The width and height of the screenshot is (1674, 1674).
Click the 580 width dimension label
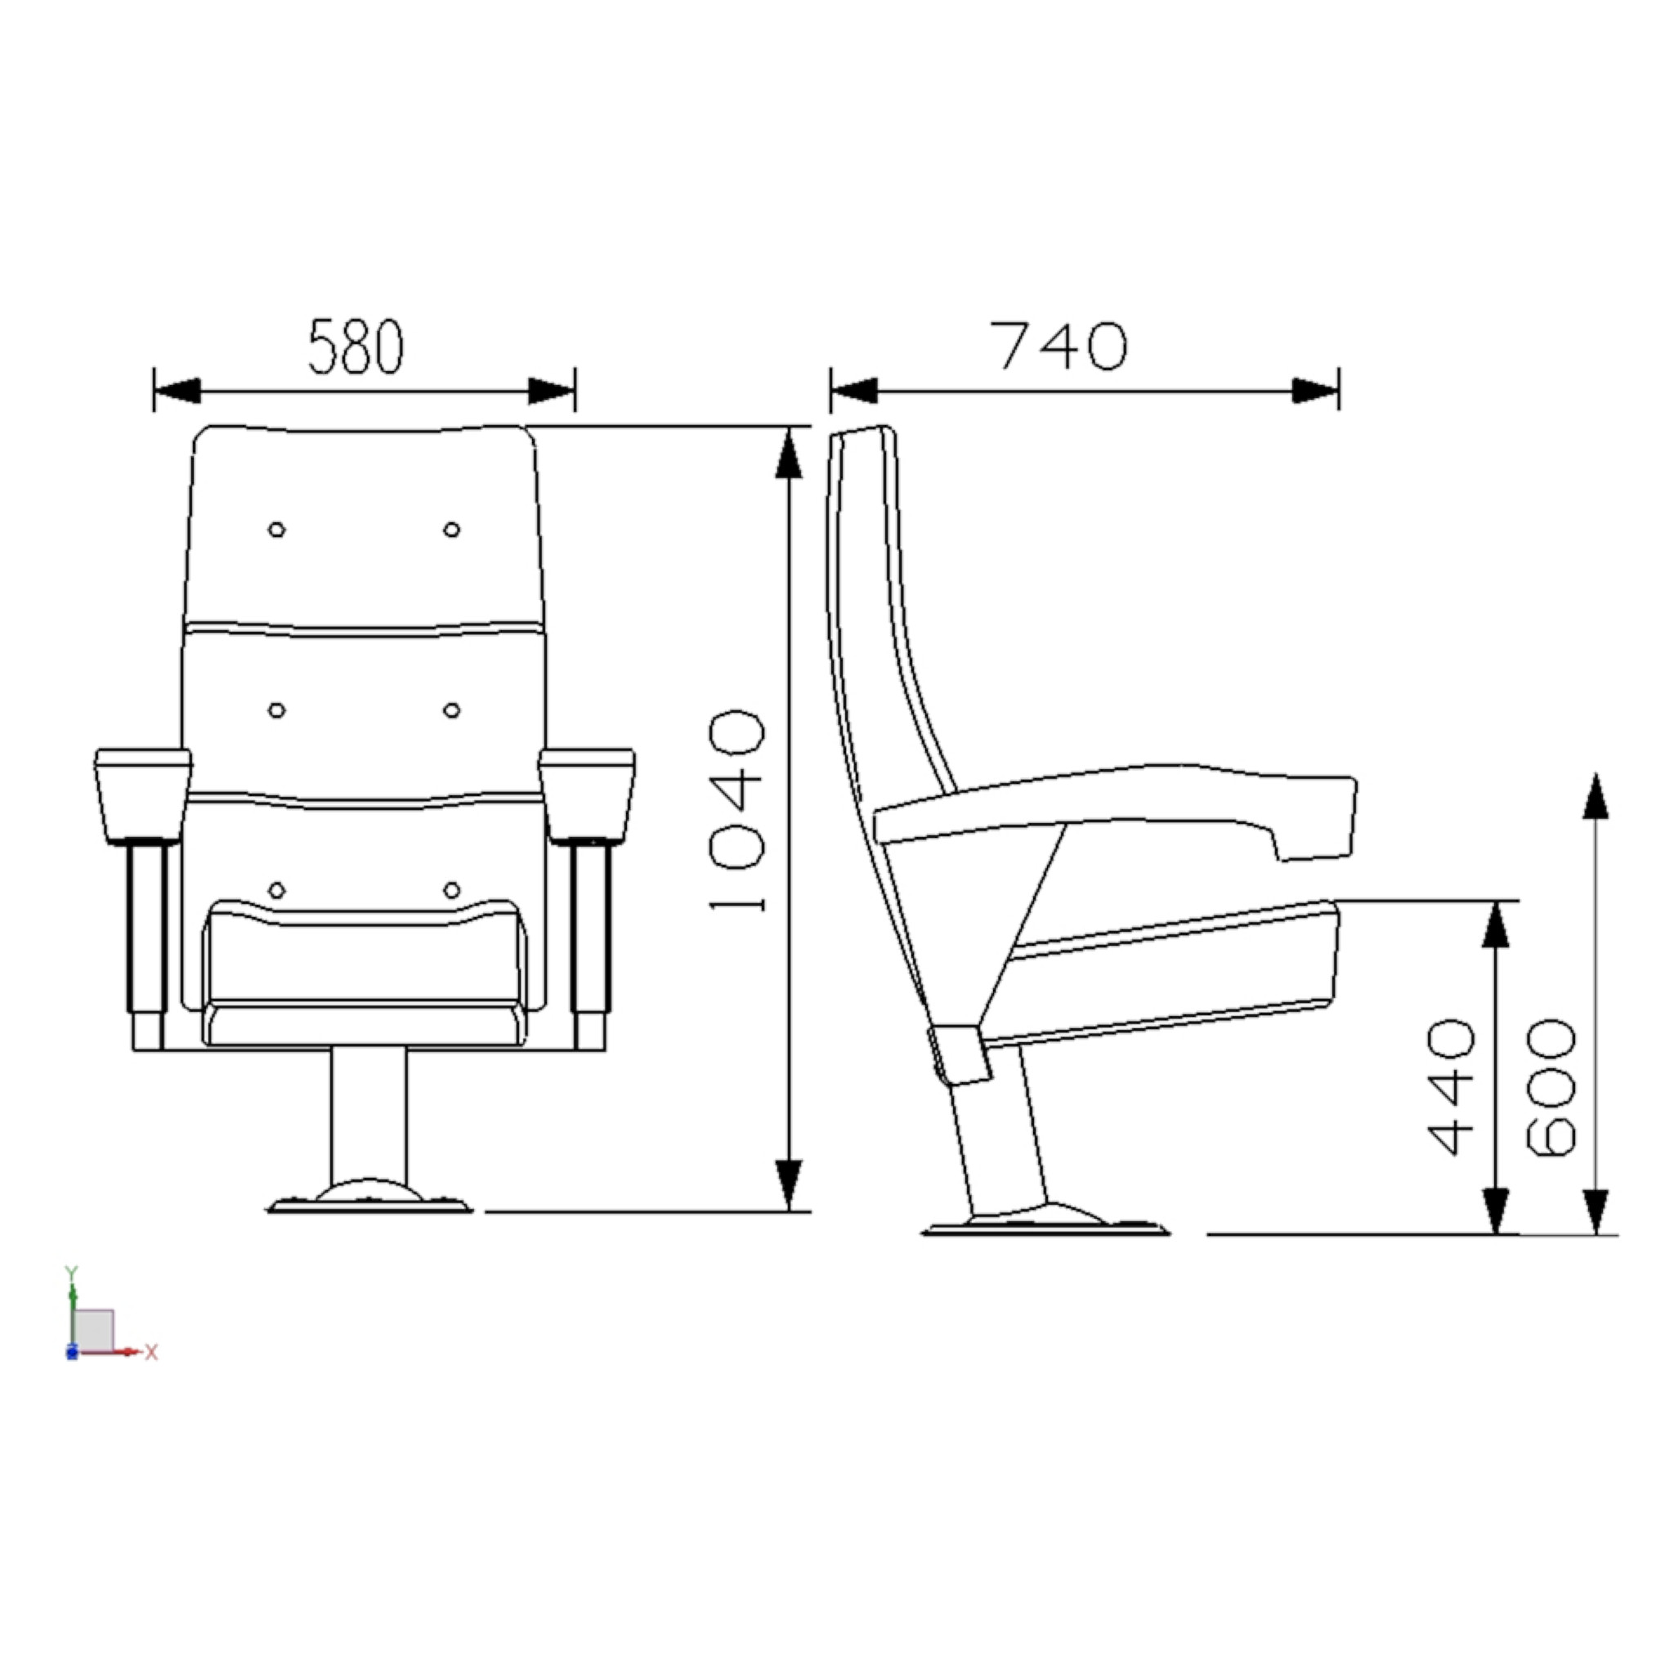356,347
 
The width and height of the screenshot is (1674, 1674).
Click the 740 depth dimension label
1059,347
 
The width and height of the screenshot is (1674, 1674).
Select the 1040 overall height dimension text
737,812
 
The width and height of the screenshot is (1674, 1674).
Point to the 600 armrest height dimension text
1550,1086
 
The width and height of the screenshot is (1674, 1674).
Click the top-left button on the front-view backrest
276,530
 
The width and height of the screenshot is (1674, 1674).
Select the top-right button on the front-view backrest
451,530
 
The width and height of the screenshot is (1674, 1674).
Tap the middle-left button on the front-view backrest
276,710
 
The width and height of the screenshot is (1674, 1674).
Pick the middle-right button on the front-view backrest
451,710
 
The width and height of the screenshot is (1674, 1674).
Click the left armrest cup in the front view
143,795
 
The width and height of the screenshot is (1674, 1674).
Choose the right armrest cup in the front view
587,795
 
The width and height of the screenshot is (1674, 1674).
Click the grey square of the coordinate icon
92,1329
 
